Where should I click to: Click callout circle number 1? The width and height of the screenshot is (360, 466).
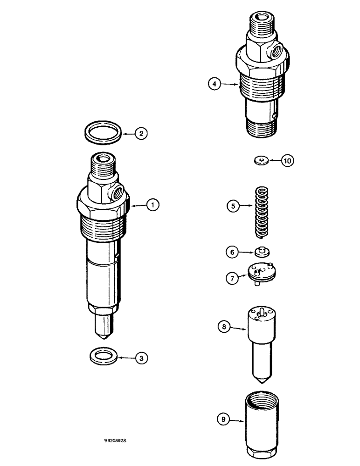(152, 204)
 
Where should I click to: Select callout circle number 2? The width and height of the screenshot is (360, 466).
(141, 133)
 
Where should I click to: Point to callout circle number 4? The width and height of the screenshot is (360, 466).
(214, 84)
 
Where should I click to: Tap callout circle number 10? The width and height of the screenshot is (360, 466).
(287, 161)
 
